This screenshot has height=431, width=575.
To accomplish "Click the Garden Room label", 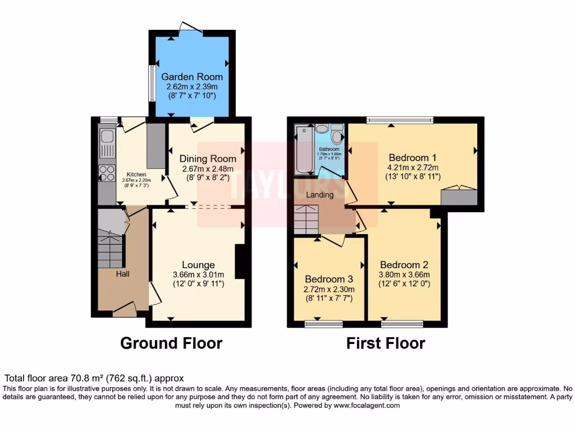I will click(x=192, y=76).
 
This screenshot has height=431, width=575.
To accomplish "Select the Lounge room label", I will click(x=198, y=264).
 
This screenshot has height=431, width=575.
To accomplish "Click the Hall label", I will click(x=122, y=274).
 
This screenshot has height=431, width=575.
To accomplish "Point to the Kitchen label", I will click(x=136, y=174).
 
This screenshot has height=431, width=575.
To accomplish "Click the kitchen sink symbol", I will click(x=106, y=137).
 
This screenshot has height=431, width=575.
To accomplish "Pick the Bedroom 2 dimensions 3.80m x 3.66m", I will click(x=404, y=274).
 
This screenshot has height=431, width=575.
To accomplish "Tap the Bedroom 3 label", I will click(x=328, y=279).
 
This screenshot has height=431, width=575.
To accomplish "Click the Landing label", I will click(x=320, y=195).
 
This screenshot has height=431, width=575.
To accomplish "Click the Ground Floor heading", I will click(x=171, y=343).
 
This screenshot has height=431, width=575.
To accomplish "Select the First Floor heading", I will click(x=385, y=343).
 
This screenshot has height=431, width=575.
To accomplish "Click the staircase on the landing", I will click(x=307, y=219).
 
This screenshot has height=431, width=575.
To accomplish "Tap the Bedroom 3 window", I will click(x=323, y=324).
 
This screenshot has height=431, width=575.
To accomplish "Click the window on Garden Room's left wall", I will click(x=151, y=84).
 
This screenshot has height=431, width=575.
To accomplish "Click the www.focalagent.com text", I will click(x=367, y=405).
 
